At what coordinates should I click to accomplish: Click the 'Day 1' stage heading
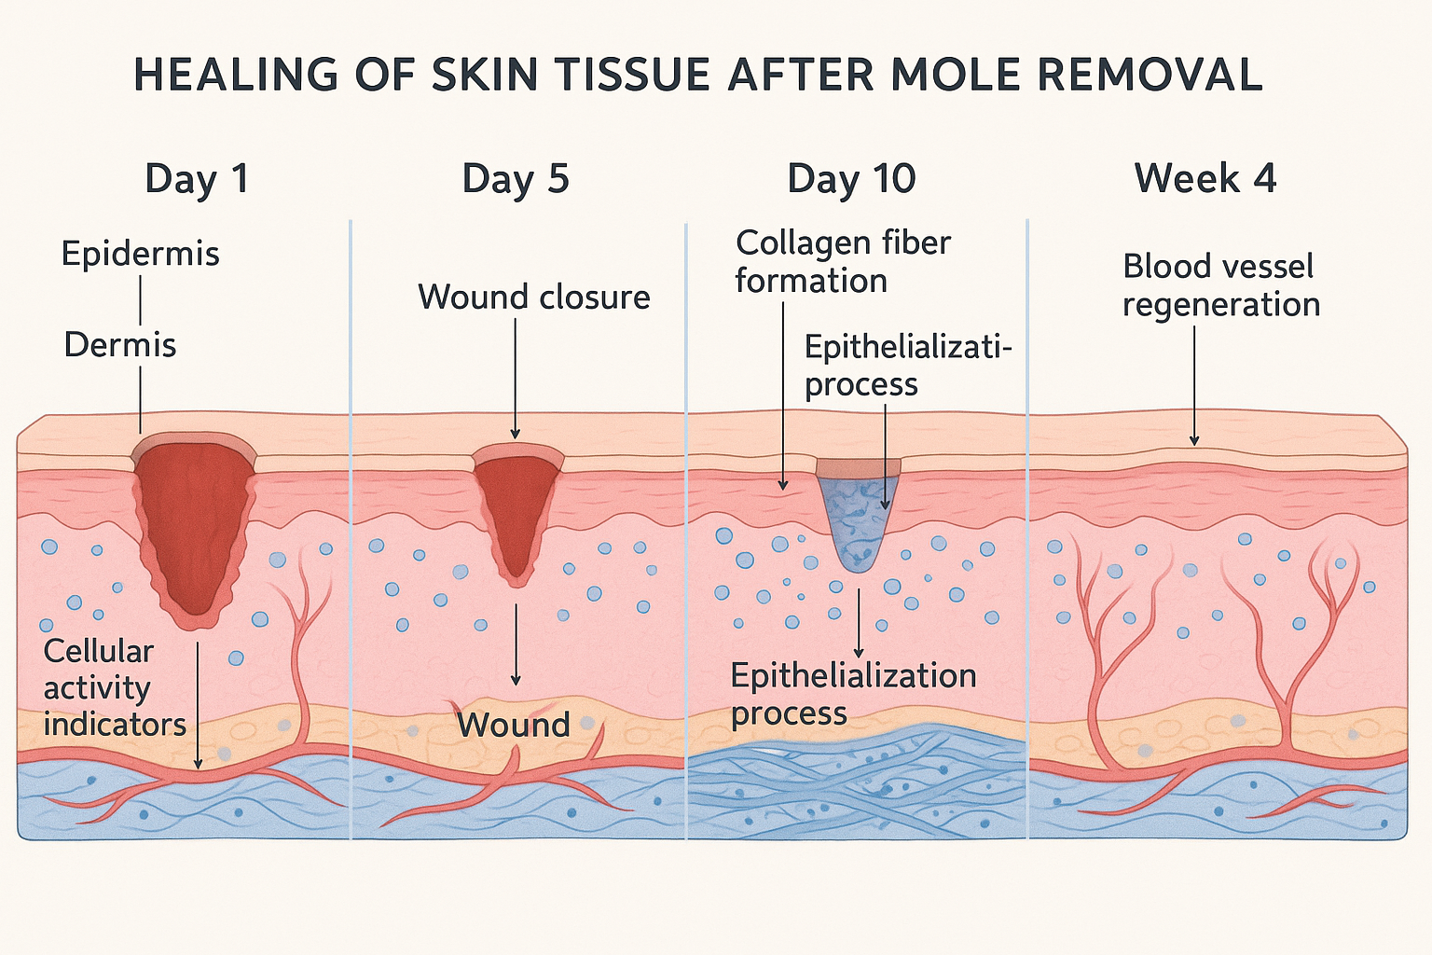point(197,178)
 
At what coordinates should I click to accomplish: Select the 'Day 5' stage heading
point(516,178)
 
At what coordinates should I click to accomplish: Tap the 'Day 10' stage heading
point(851,178)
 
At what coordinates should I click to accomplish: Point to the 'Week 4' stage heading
point(1205,178)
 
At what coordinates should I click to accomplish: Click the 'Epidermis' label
point(141,254)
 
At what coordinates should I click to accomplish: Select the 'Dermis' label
point(120,345)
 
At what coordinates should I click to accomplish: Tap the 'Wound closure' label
point(534,297)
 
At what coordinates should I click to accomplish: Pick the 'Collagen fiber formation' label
point(843,261)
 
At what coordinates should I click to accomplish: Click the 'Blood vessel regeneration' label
point(1220,285)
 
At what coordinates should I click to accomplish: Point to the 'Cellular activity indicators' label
point(114,687)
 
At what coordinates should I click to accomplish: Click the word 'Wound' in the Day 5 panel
point(514,725)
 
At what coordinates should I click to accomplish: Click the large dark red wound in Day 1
point(196,522)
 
